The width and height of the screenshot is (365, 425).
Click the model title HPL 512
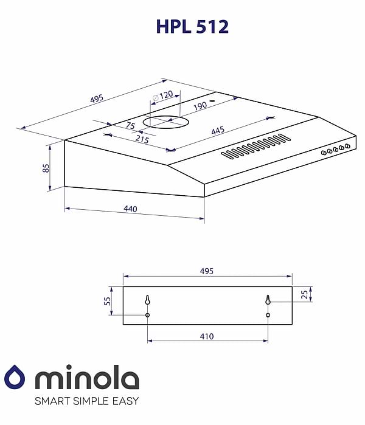192,27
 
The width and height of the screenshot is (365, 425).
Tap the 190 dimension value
200,105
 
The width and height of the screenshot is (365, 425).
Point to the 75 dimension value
130,126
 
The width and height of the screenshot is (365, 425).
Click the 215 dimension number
142,139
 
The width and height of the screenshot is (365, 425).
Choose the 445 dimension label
218,131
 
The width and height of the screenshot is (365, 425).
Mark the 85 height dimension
46,167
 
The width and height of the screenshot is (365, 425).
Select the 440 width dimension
130,209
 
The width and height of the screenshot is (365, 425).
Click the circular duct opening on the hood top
166,122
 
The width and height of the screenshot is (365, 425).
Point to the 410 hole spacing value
207,336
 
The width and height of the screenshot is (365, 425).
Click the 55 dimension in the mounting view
108,301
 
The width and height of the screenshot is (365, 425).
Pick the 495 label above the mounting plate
207,271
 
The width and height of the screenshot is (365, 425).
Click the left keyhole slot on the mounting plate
147,300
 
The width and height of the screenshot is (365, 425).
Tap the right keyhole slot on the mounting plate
268,300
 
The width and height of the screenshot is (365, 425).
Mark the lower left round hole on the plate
147,315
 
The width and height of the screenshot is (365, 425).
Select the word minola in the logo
87,379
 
